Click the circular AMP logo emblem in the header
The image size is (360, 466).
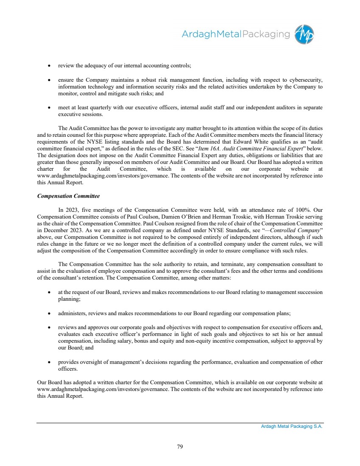pos(304,33)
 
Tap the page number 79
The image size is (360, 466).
pos(180,446)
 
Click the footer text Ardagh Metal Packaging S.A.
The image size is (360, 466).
pos(292,427)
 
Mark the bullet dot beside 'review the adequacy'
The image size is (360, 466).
pos(49,66)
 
